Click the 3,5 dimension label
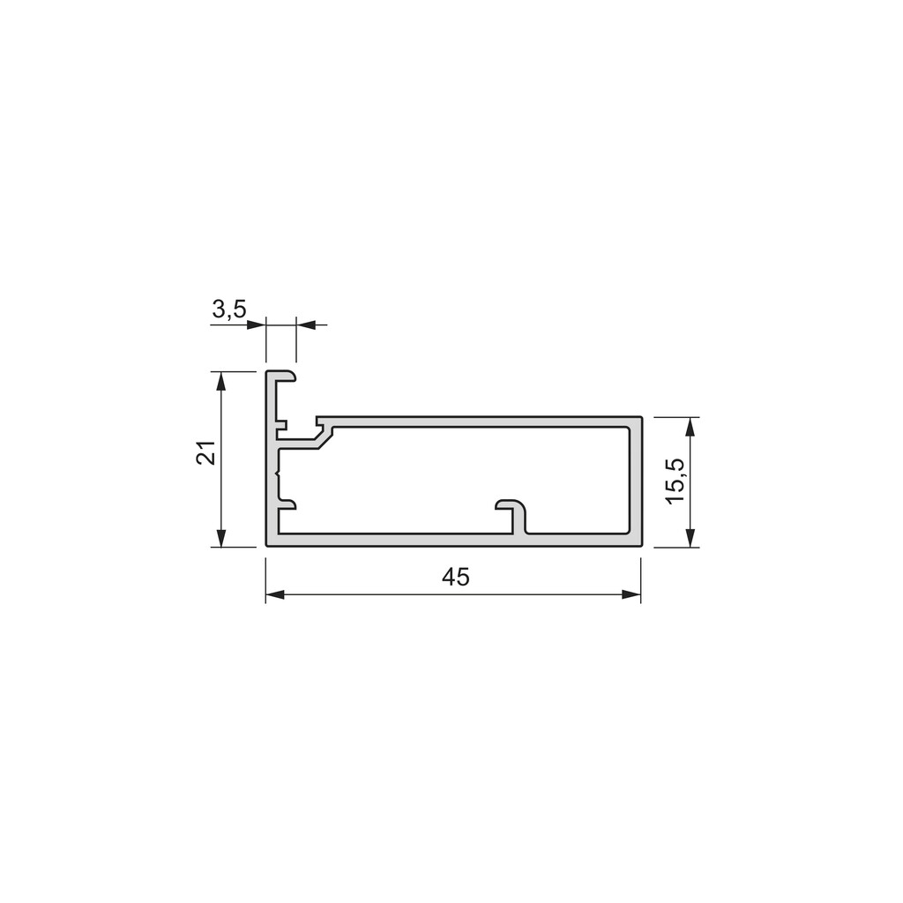pyautogui.click(x=229, y=310)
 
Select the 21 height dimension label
pyautogui.click(x=206, y=452)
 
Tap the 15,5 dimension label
pyautogui.click(x=675, y=481)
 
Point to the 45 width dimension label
pyautogui.click(x=456, y=577)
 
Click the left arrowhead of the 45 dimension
pyautogui.click(x=275, y=595)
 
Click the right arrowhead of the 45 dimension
pyautogui.click(x=631, y=595)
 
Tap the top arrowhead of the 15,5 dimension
pyautogui.click(x=691, y=426)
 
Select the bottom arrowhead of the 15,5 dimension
pyautogui.click(x=691, y=538)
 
